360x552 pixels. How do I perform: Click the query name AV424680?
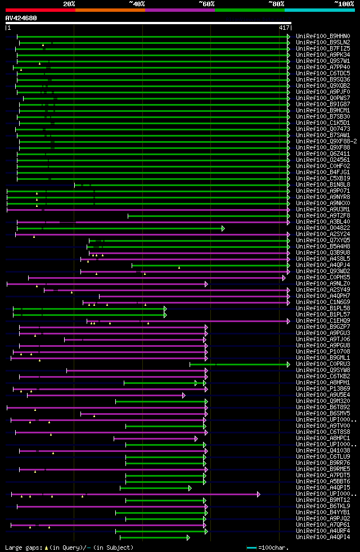click(21, 18)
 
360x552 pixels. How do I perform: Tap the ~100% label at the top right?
click(344, 3)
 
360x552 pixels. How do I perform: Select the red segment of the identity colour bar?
click(40, 10)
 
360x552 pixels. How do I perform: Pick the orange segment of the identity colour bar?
click(110, 10)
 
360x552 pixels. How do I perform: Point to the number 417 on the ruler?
click(284, 28)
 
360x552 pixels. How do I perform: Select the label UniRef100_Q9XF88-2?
click(326, 141)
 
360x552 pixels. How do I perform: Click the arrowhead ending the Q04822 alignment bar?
click(223, 228)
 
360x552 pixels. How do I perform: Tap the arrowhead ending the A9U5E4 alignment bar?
click(184, 395)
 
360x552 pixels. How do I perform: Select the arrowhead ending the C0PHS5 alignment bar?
click(284, 278)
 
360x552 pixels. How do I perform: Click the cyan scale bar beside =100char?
click(251, 547)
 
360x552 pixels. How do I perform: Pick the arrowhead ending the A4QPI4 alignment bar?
click(188, 537)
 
